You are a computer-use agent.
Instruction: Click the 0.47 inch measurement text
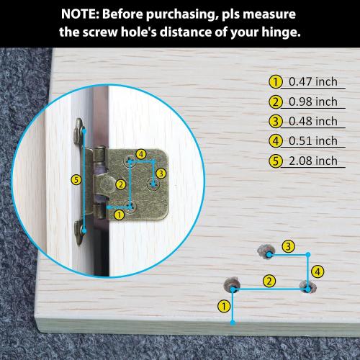(313, 81)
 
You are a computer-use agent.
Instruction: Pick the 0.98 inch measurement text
(313, 102)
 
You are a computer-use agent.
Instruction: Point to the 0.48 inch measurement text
(313, 121)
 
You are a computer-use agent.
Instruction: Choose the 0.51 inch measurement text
(313, 141)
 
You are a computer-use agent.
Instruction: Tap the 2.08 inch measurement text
(313, 161)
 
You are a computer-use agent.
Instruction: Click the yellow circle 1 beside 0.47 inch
(275, 82)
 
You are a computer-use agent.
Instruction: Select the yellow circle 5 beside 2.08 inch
(275, 161)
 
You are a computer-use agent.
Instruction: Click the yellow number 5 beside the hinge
(76, 180)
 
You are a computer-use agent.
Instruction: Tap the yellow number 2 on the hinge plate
(121, 184)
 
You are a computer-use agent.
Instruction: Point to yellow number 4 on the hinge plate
(141, 154)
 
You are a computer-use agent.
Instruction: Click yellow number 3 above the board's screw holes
(288, 246)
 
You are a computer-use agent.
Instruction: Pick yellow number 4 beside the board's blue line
(318, 271)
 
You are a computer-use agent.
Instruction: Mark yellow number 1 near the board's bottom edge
(224, 306)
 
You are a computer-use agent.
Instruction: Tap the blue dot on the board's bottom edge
(233, 323)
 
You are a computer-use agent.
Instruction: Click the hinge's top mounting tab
(80, 131)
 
